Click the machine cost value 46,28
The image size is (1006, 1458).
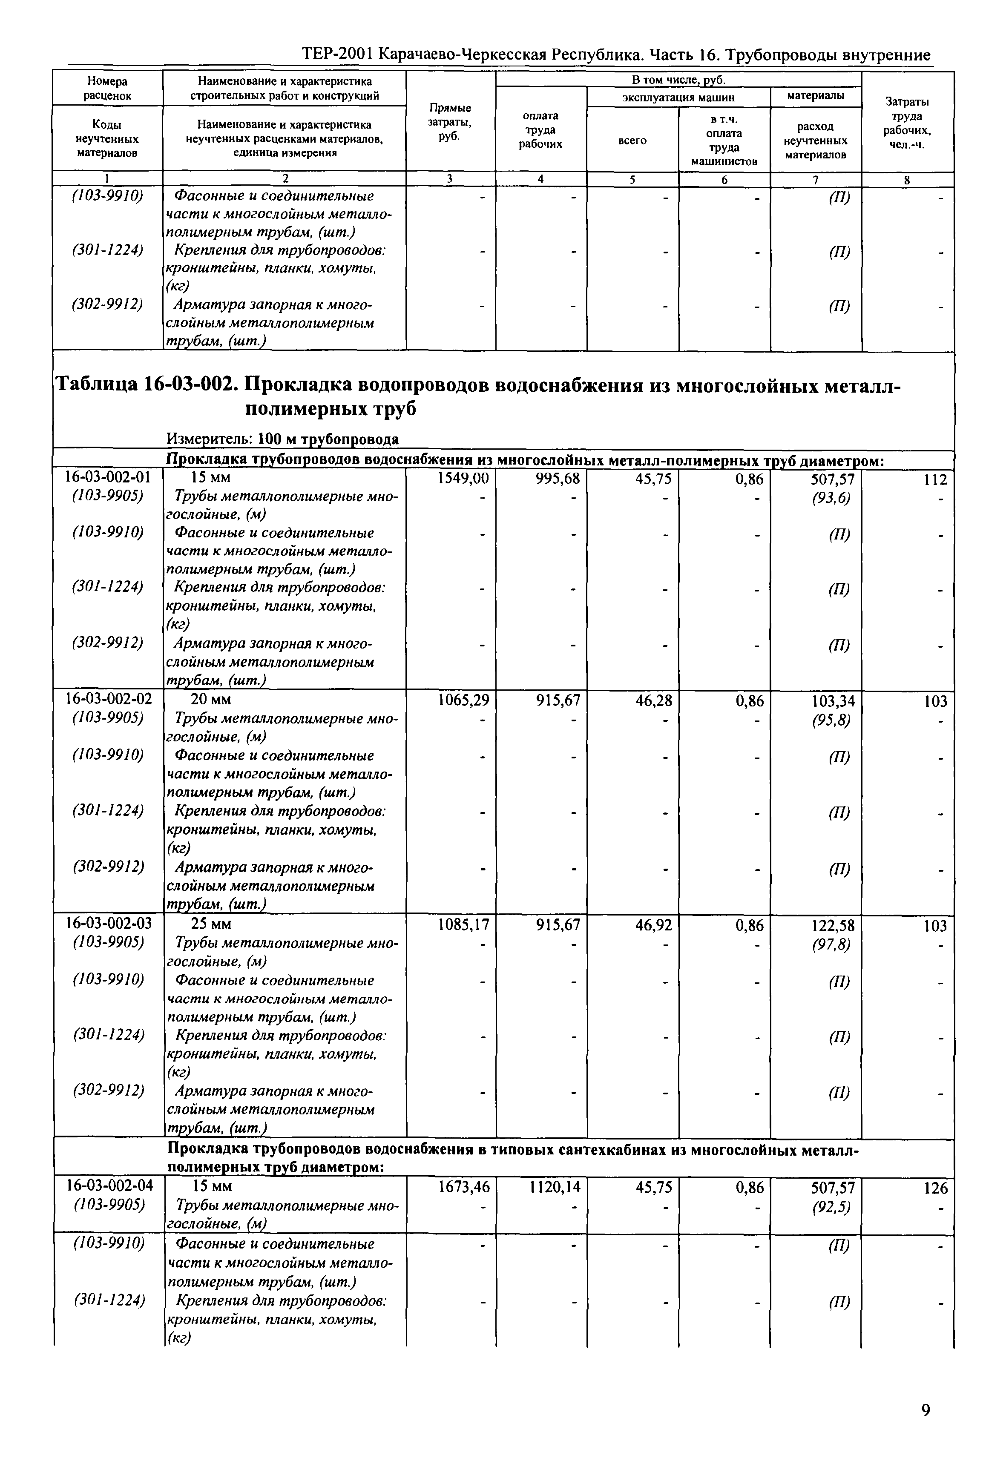point(654,700)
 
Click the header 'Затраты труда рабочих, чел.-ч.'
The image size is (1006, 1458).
point(907,123)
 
